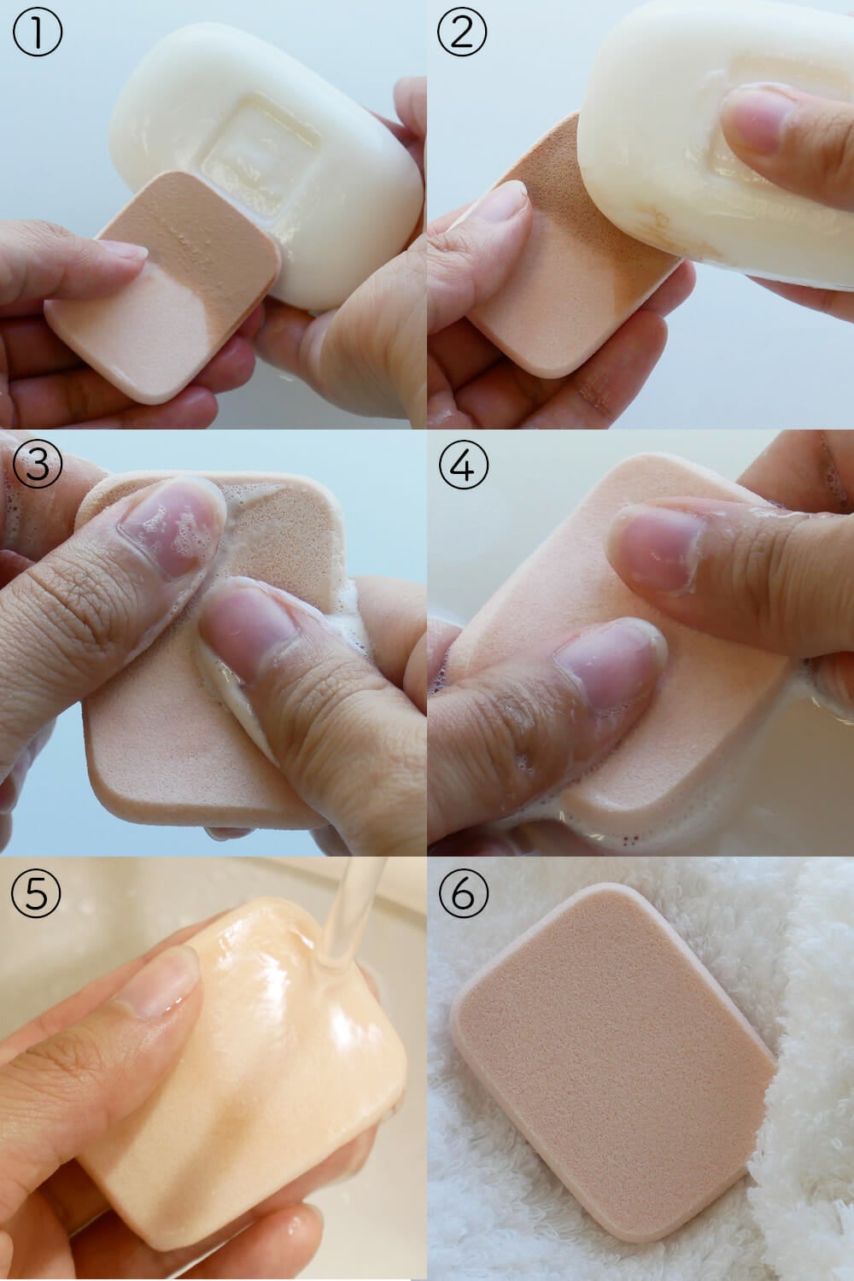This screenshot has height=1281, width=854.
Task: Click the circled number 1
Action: click(38, 32)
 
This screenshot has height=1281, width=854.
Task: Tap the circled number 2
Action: click(462, 32)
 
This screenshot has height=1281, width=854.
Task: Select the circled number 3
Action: click(38, 463)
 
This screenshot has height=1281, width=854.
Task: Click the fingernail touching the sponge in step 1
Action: click(122, 250)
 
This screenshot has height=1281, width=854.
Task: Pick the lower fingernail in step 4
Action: click(609, 664)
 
